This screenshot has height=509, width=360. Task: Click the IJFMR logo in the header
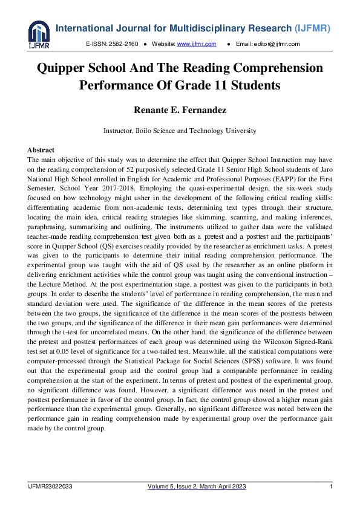[39, 34]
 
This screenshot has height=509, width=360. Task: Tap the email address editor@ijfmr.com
[277, 44]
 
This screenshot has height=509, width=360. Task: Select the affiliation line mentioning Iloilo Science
[180, 131]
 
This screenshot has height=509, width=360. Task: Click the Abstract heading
[41, 150]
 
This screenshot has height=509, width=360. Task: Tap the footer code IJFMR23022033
[50, 487]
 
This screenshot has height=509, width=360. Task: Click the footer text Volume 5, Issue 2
[180, 487]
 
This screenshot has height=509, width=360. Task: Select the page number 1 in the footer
[331, 487]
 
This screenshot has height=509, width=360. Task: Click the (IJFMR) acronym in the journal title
[318, 28]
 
